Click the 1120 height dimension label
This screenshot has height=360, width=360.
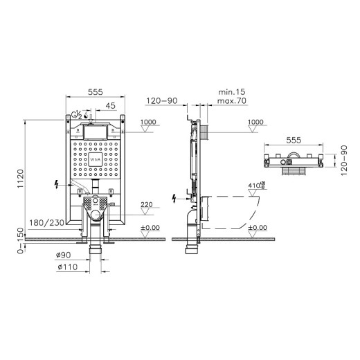21,181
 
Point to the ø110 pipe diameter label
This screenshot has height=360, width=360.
66,267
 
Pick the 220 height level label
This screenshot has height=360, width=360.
147,205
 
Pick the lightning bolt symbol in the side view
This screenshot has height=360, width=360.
174,199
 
